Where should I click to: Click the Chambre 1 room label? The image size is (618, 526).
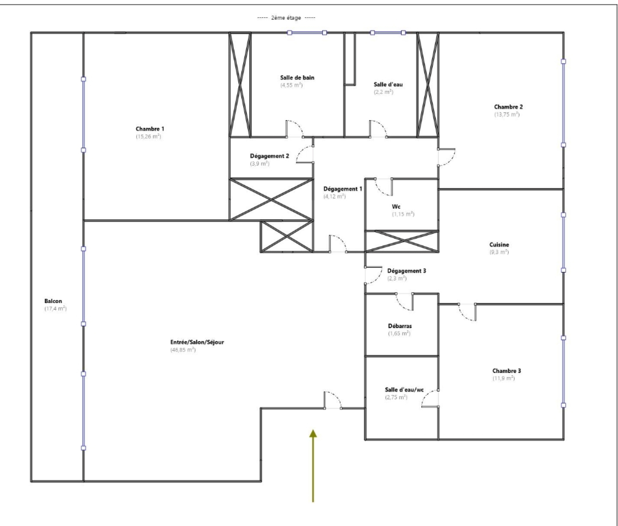150,129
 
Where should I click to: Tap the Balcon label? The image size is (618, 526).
53,301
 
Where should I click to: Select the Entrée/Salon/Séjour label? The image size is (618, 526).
197,342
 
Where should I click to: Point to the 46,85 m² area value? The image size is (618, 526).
183,350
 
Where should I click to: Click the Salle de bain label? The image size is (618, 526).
297,77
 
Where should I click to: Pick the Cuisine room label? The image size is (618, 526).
499,245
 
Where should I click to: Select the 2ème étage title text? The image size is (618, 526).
286,18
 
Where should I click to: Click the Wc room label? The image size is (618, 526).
396,207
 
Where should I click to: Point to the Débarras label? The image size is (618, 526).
400,326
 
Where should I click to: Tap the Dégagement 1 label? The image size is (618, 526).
343,189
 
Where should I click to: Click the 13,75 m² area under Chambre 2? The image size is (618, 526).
507,115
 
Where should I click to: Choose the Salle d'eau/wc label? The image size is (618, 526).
404,390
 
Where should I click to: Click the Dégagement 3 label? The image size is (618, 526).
407,271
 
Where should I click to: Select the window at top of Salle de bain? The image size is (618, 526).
307,33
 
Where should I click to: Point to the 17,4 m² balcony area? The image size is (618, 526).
56,309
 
